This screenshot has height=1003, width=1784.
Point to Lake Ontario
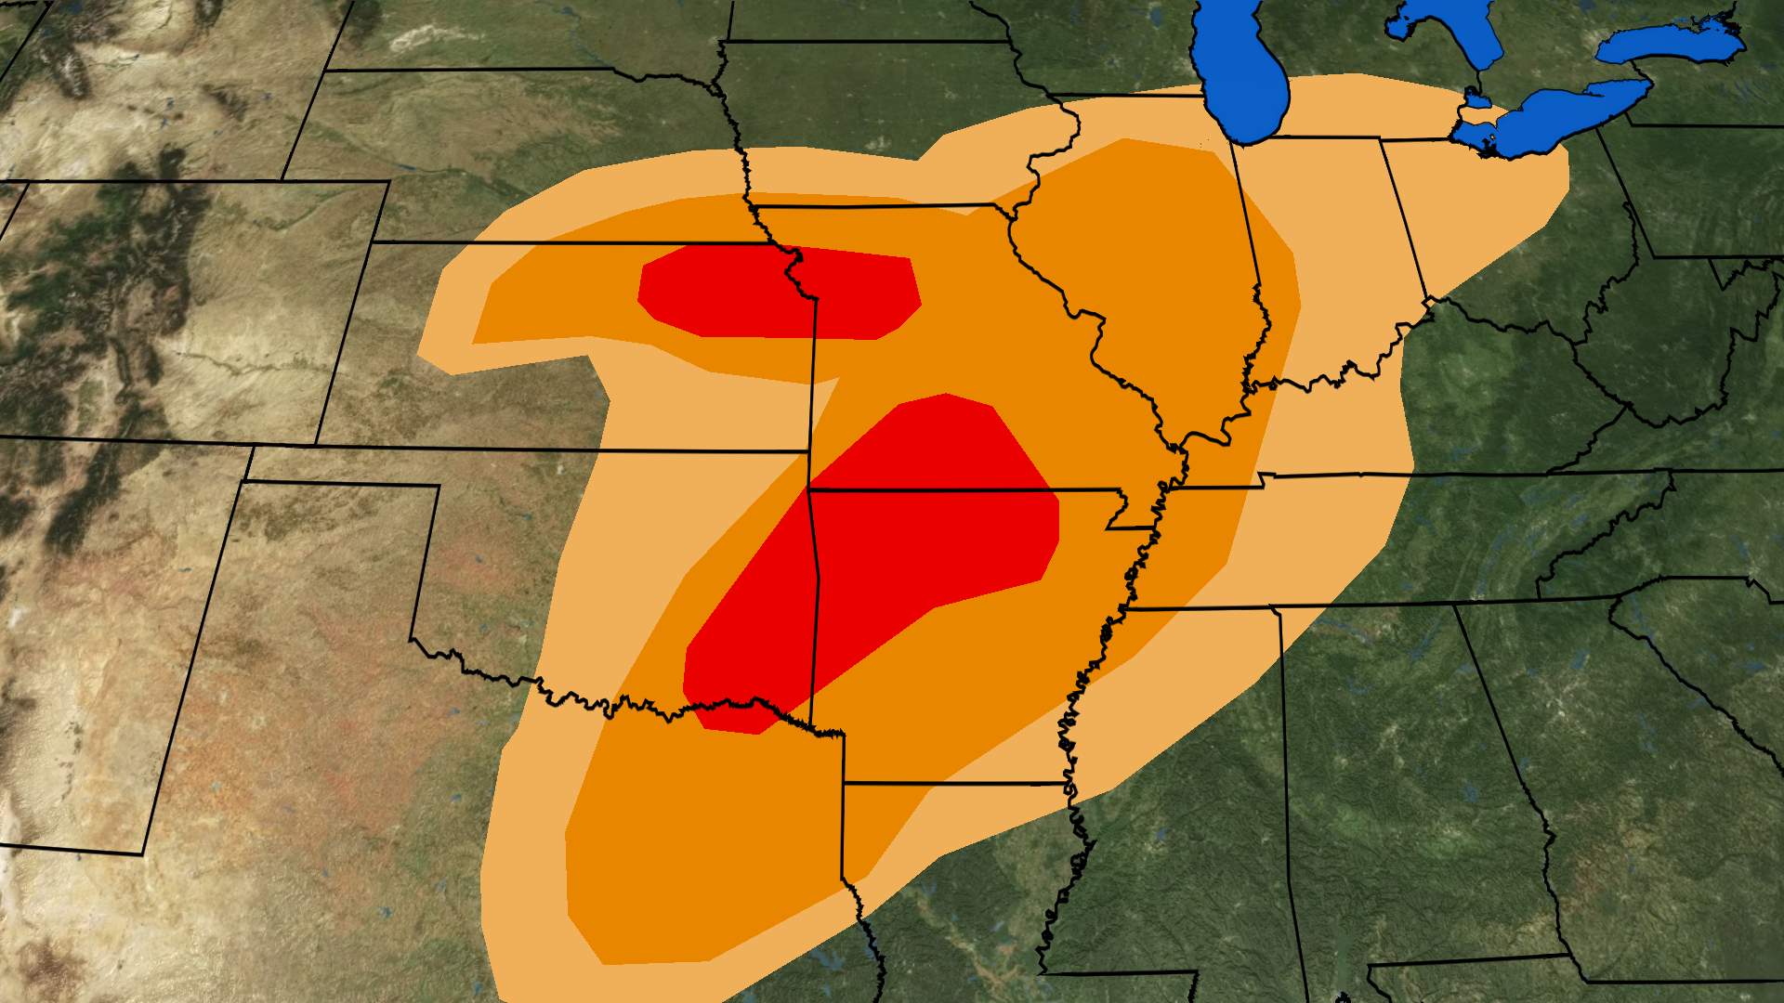pos(1672,42)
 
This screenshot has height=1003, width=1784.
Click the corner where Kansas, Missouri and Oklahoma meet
pos(809,488)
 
